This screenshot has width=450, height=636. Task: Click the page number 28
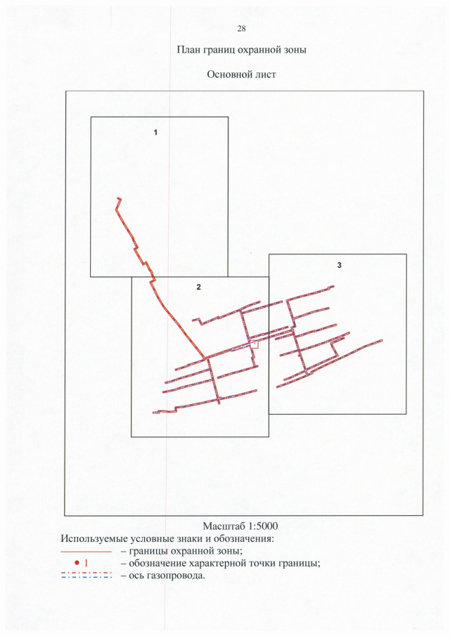241,28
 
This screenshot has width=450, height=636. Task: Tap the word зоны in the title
294,51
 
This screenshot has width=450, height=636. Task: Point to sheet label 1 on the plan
155,132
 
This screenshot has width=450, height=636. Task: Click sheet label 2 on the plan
198,287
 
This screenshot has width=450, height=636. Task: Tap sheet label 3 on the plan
339,265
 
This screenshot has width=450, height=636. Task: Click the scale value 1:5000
264,526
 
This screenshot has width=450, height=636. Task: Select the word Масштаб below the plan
224,526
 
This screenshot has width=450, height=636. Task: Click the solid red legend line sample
86,552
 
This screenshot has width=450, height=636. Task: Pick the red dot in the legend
77,563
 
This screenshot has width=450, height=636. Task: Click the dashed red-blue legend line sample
86,576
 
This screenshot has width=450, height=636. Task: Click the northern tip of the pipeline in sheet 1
120,198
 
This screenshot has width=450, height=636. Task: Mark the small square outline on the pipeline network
255,344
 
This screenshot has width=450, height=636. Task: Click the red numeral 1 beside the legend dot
86,563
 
